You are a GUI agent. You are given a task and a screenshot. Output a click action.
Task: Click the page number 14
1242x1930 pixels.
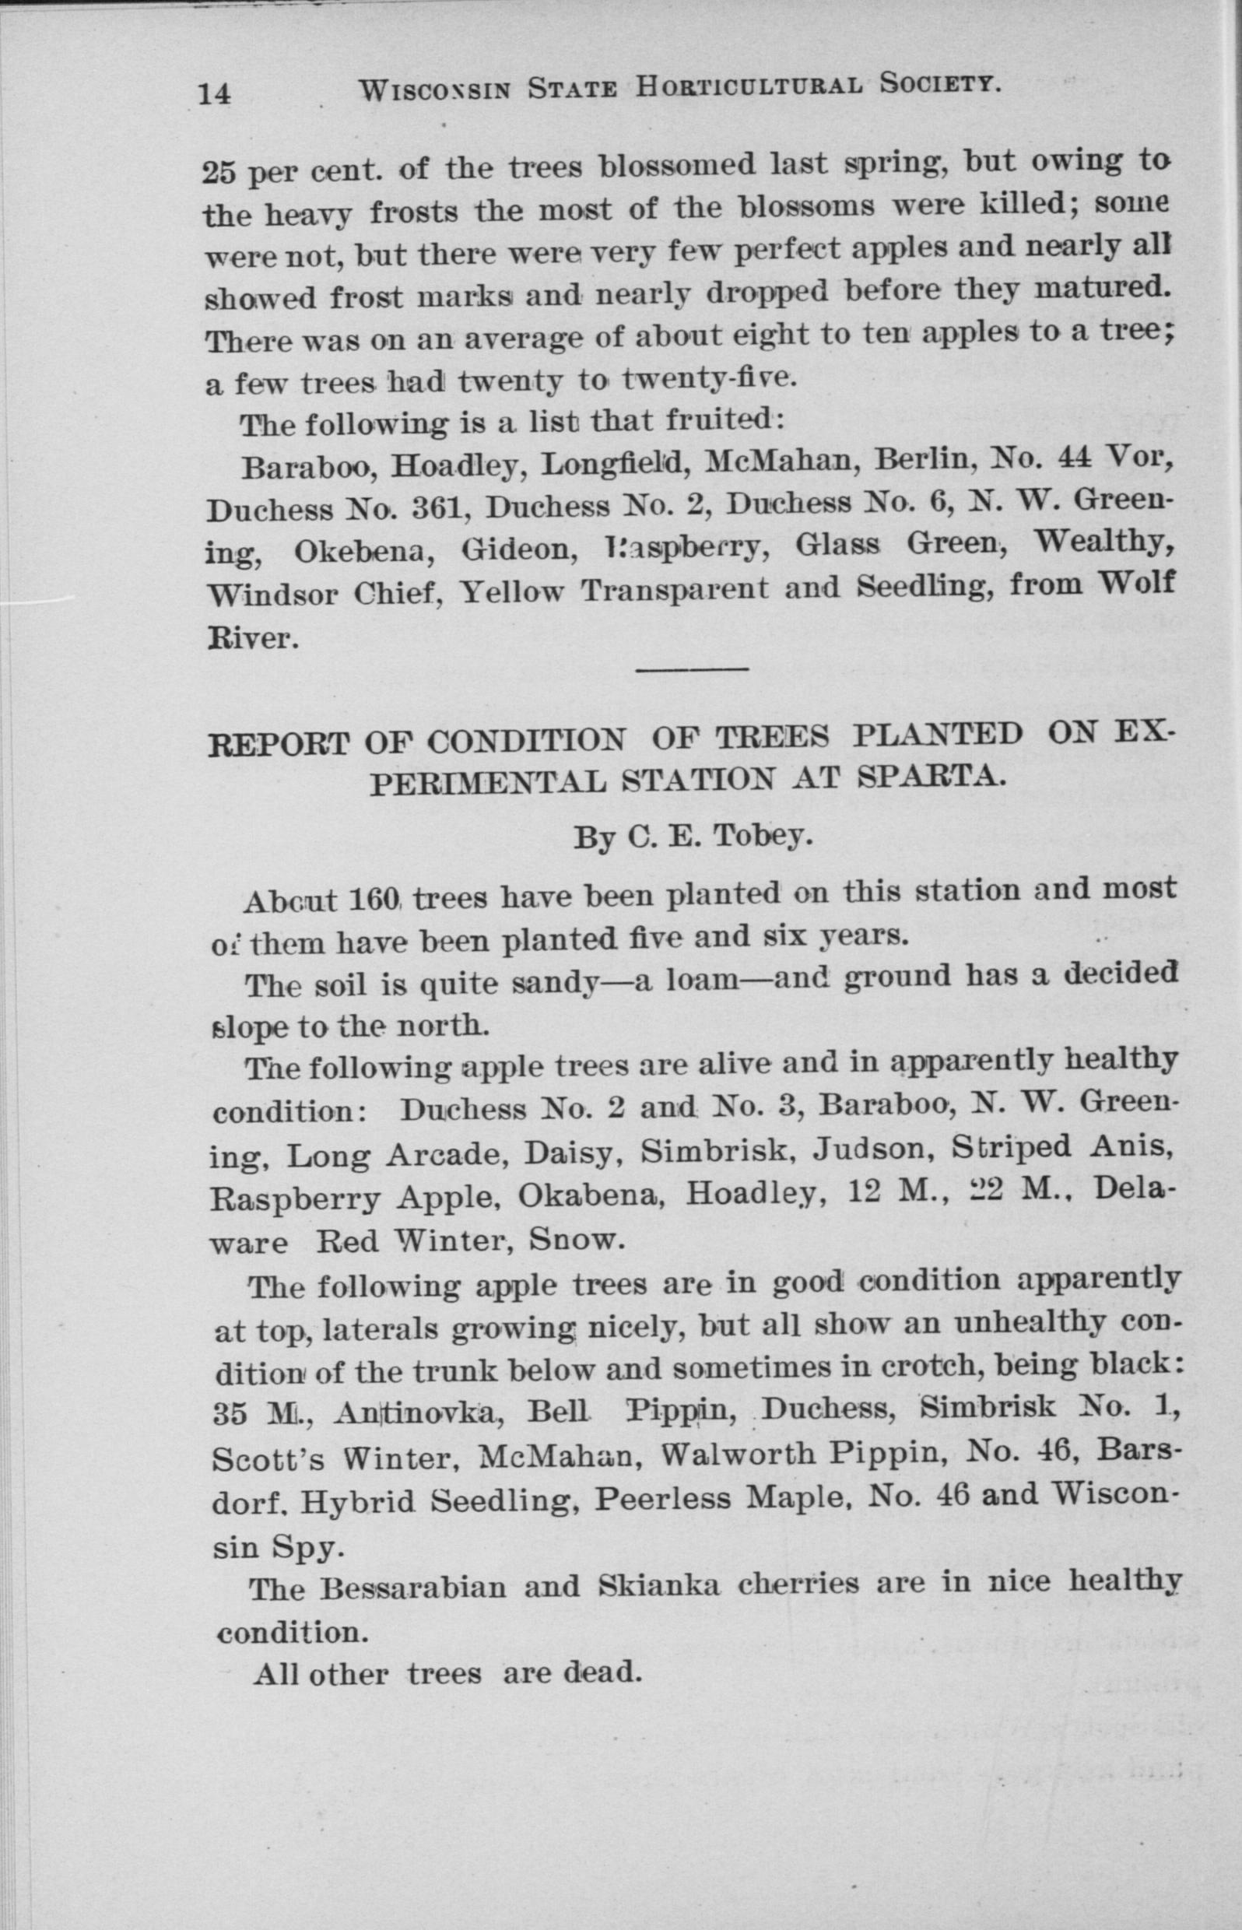216,93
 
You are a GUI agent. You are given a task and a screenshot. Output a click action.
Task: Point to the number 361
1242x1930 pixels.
429,508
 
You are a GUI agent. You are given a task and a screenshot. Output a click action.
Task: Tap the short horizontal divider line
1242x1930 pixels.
693,668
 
